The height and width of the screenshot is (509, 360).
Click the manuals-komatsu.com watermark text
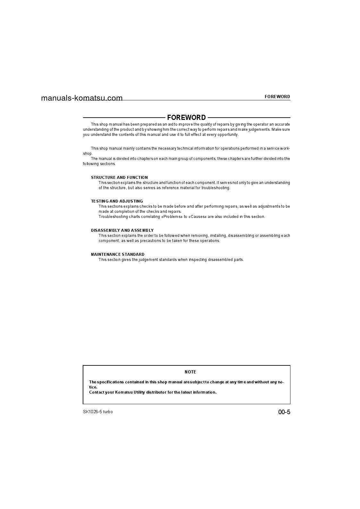click(x=82, y=98)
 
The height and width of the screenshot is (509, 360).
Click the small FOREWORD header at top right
click(x=277, y=96)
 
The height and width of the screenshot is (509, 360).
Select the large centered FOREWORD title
click(x=186, y=118)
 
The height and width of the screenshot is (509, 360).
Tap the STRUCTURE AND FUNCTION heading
click(x=119, y=177)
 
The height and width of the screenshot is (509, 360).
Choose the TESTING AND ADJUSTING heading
click(x=117, y=201)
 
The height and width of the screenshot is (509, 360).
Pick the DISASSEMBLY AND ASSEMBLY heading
click(x=122, y=230)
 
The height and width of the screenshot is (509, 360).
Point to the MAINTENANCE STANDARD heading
click(x=118, y=254)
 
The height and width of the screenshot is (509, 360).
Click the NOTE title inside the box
click(x=190, y=372)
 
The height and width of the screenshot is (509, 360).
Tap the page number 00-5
click(x=284, y=412)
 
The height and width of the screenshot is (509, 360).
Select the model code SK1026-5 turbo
click(x=98, y=412)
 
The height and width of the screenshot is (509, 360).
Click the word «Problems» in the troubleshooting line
click(x=172, y=217)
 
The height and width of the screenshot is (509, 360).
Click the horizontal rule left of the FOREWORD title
click(x=124, y=118)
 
